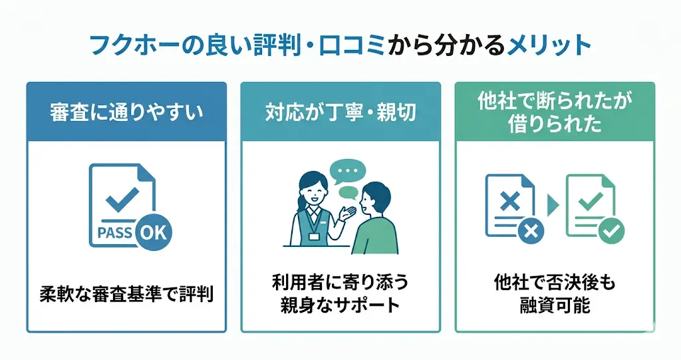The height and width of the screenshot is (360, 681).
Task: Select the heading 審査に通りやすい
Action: tap(126, 112)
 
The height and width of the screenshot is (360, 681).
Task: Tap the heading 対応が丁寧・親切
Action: tap(340, 112)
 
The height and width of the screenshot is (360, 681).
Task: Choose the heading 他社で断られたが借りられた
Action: tap(555, 112)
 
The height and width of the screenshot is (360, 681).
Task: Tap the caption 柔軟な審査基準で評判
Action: tap(126, 293)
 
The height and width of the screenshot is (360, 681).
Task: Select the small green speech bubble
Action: tap(348, 193)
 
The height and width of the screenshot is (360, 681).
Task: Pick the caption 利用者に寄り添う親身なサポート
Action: tap(340, 293)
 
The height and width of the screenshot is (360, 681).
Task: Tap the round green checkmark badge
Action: tap(611, 231)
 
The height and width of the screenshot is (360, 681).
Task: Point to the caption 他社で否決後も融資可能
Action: tap(555, 293)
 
